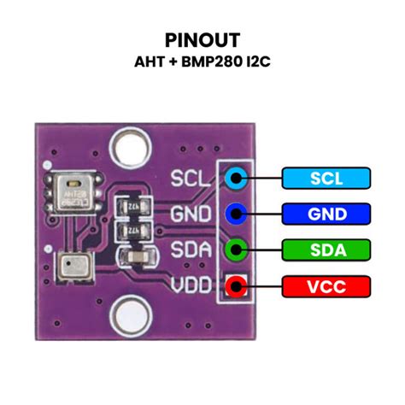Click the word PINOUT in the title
pos(202,39)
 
